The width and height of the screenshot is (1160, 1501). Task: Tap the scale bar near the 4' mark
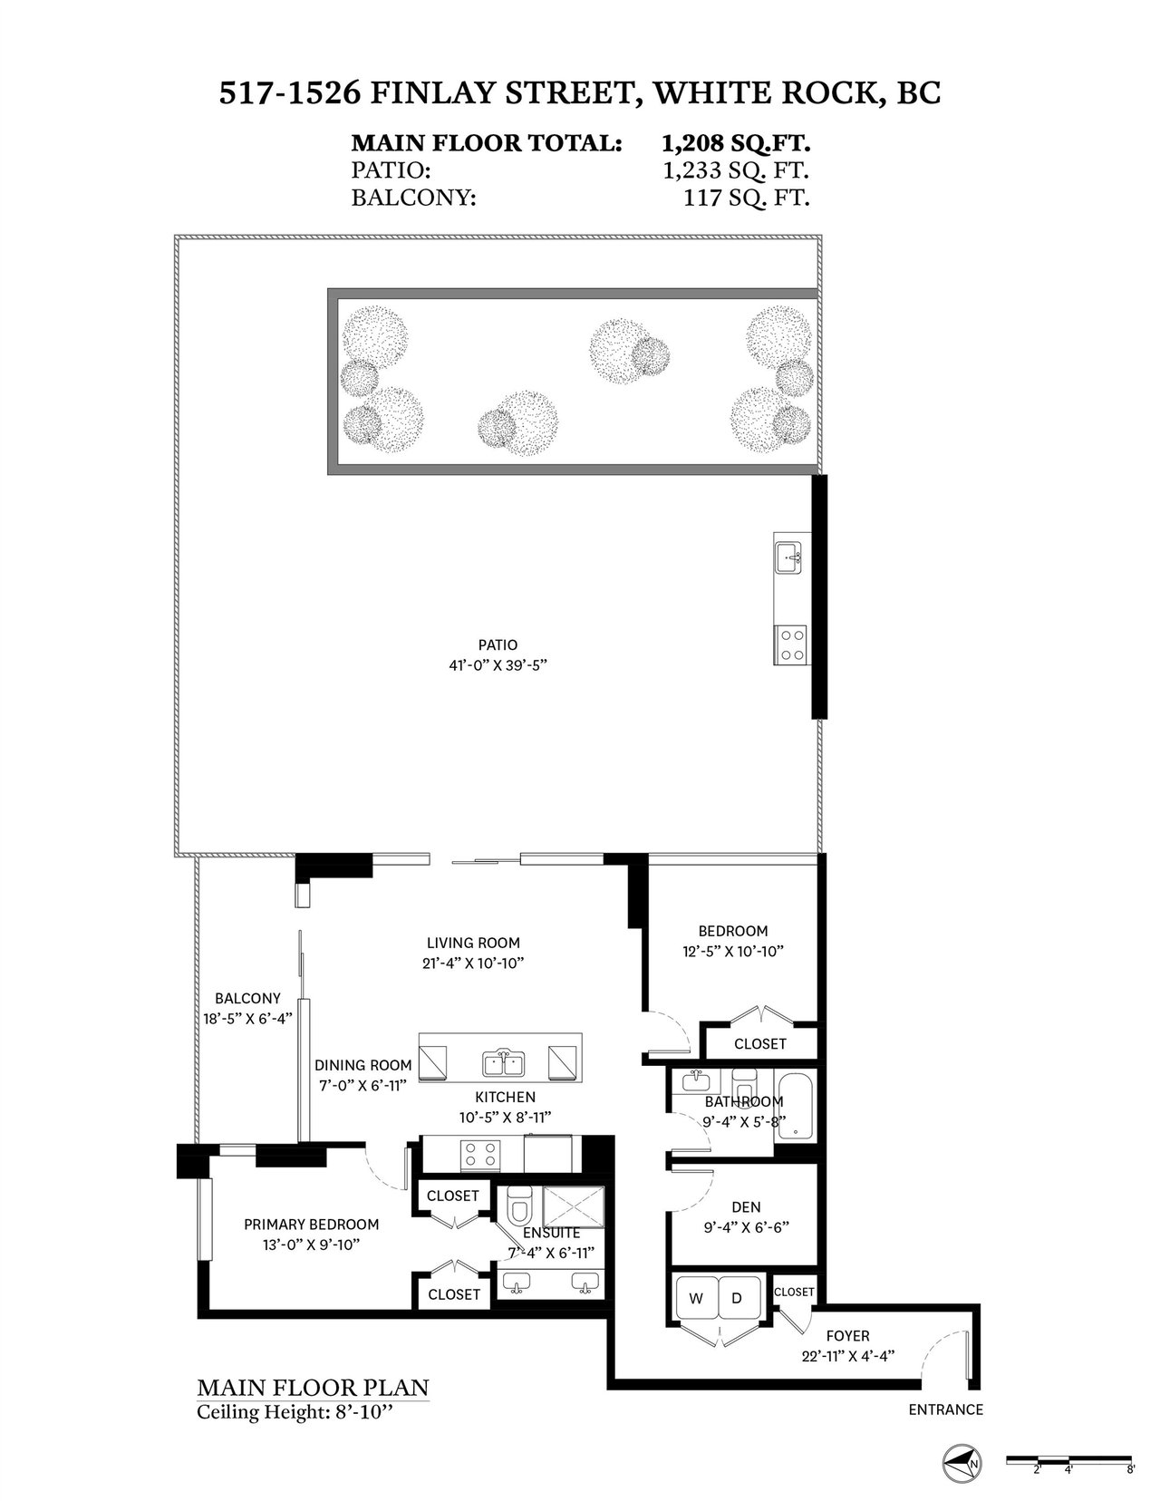[1068, 1458]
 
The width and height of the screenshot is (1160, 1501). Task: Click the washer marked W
[696, 1299]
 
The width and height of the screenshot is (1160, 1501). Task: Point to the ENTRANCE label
[945, 1409]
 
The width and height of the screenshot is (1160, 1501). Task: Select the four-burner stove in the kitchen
[480, 1154]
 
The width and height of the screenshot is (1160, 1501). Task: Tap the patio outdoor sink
[788, 557]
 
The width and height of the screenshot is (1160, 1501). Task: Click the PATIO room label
[498, 645]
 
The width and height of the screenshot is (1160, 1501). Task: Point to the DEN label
[746, 1206]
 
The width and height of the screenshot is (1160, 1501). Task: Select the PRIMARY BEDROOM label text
[312, 1225]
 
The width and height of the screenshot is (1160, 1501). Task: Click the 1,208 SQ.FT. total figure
[735, 144]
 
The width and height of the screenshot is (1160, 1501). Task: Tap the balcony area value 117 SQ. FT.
[746, 199]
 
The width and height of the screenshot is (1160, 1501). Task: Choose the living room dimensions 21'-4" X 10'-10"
[473, 963]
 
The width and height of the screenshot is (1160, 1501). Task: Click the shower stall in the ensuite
[574, 1208]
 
